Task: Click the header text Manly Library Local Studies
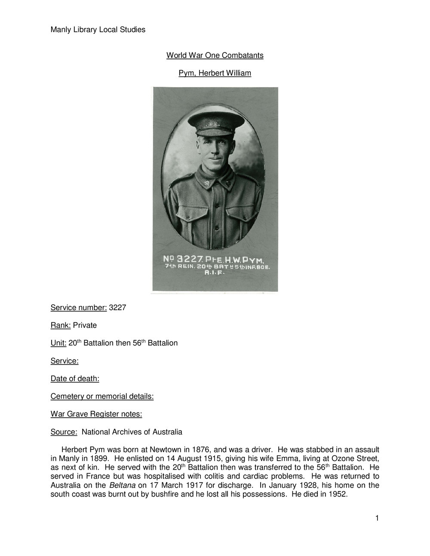98,30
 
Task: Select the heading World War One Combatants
215,55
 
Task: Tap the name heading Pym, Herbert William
215,73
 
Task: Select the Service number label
79,308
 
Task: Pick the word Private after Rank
85,325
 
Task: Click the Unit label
58,343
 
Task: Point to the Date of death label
75,379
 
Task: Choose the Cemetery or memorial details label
102,396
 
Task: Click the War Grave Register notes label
96,414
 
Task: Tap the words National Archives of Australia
132,432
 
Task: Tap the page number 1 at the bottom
377,518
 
